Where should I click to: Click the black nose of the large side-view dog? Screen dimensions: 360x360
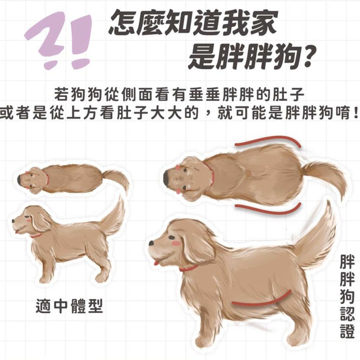click(x=152, y=243)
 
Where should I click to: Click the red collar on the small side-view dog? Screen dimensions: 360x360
click(x=36, y=235)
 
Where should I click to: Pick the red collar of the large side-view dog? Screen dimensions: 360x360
click(x=189, y=269)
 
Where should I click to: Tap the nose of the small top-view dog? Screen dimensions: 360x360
click(x=20, y=177)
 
